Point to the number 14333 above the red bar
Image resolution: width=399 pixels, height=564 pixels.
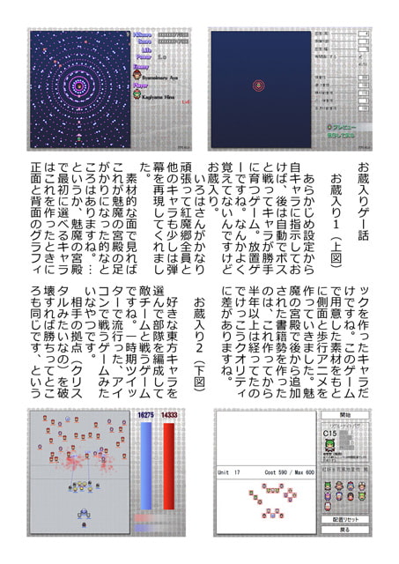[x=167, y=414]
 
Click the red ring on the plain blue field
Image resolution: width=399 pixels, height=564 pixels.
[x=259, y=85]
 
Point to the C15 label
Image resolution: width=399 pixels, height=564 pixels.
[x=330, y=434]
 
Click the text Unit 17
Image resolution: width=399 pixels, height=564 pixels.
[x=231, y=472]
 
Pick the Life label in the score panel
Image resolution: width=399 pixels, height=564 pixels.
[x=144, y=50]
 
